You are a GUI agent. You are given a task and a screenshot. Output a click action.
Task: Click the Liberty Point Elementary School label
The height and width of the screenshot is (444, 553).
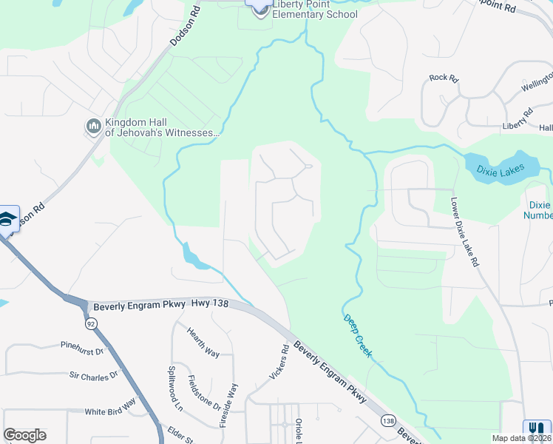pos(315,10)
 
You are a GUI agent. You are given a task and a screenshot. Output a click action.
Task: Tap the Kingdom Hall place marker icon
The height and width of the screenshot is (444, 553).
pos(94,127)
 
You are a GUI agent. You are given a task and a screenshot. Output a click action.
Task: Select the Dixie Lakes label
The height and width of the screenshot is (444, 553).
pos(502,170)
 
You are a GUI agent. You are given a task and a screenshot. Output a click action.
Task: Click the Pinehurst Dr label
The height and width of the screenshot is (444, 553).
pos(83,347)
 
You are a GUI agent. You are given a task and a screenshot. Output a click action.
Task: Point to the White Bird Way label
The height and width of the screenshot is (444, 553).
pos(110,408)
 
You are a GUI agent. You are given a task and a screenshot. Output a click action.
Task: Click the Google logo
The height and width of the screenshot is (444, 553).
pos(24,435)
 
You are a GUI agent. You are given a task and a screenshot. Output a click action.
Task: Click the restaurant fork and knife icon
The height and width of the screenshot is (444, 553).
pos(533,428)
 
